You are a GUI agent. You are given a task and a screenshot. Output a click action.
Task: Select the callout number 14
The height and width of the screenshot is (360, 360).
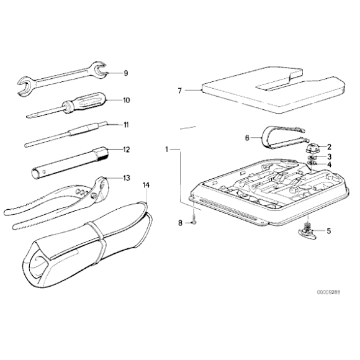pyautogui.click(x=146, y=185)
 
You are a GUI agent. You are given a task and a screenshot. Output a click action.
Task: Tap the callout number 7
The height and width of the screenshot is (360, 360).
pyautogui.click(x=180, y=91)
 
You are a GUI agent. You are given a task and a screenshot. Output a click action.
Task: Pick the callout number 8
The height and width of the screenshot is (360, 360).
pyautogui.click(x=181, y=222)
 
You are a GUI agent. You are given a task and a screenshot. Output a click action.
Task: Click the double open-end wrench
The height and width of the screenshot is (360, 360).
pyautogui.click(x=62, y=79)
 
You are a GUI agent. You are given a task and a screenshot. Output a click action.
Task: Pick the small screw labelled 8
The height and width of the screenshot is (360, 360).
pyautogui.click(x=194, y=220)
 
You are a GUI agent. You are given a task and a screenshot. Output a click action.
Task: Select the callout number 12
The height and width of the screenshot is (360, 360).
pyautogui.click(x=126, y=149)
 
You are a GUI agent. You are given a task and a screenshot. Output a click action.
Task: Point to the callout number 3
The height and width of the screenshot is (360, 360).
pyautogui.click(x=329, y=156)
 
